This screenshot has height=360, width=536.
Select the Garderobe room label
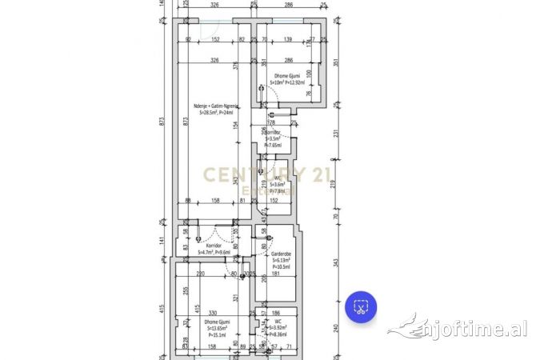click(280, 253)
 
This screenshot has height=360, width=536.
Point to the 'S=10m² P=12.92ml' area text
click(287, 82)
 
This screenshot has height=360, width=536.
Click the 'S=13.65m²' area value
click(218, 328)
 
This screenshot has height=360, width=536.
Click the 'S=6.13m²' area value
click(280, 260)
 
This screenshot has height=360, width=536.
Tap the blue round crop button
click(361, 307)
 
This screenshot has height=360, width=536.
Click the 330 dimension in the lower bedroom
click(214, 313)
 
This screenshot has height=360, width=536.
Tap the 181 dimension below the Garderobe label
click(276, 274)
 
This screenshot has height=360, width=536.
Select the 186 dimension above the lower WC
click(277, 313)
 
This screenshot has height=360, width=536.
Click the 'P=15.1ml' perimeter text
click(218, 335)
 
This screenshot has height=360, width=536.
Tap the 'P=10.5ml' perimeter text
click(280, 267)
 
